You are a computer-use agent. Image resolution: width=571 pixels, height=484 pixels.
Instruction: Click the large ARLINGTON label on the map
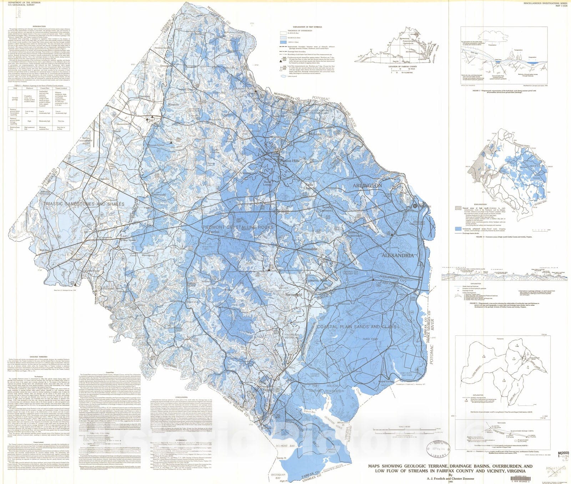click(x=367, y=186)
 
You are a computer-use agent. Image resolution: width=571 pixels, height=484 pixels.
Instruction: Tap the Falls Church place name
click(x=309, y=186)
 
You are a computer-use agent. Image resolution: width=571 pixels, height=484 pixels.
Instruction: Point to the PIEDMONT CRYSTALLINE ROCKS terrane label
click(x=238, y=227)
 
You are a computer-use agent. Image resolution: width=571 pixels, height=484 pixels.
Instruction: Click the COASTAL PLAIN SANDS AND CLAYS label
click(x=357, y=326)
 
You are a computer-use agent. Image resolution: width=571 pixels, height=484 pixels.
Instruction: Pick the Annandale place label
click(x=309, y=249)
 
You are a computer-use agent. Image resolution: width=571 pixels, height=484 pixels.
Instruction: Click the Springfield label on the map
click(x=294, y=295)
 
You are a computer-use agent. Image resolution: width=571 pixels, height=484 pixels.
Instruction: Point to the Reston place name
click(x=173, y=105)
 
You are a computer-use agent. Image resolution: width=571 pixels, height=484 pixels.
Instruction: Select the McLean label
click(x=315, y=134)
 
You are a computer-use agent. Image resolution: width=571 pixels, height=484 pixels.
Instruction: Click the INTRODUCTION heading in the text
click(x=39, y=26)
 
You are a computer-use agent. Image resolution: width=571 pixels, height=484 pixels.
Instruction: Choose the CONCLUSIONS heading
click(x=182, y=396)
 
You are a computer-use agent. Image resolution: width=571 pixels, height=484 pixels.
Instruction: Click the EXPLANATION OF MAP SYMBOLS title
click(x=307, y=27)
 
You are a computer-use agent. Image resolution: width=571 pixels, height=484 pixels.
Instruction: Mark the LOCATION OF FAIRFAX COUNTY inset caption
click(x=403, y=66)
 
